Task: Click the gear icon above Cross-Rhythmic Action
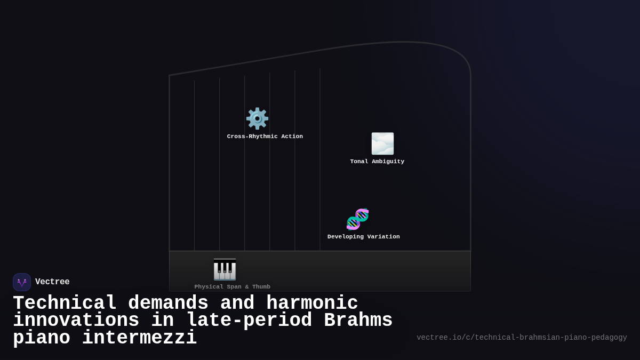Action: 257,118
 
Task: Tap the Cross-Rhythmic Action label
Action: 265,137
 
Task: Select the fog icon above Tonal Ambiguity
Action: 382,143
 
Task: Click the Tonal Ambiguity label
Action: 377,162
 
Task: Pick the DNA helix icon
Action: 357,219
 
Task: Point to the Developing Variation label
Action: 364,237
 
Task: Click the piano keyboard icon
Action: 225,269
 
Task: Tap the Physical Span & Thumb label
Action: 233,287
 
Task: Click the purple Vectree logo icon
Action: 22,282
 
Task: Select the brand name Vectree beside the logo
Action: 52,282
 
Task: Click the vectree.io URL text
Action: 522,338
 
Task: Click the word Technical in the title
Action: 65,303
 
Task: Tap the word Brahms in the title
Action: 358,321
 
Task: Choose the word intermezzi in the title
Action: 139,338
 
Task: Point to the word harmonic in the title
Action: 312,303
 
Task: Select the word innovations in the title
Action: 76,321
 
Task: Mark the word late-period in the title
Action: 249,321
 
